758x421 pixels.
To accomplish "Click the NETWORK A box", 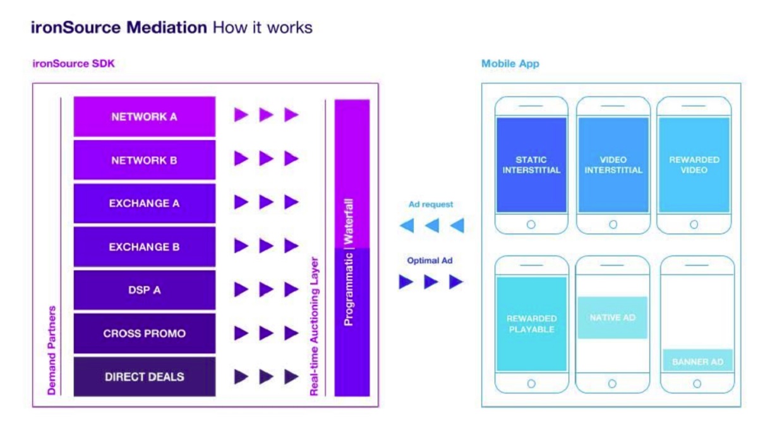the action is (x=145, y=117).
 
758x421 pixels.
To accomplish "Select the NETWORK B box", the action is (x=145, y=160).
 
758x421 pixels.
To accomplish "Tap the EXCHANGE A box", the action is (x=145, y=203).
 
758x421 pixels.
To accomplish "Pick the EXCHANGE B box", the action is (x=145, y=247).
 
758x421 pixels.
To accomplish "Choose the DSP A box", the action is (x=145, y=290).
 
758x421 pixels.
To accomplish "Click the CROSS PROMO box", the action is (x=145, y=333).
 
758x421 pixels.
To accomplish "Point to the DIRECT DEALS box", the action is (x=145, y=377).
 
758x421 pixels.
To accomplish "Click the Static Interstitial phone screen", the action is (x=531, y=165).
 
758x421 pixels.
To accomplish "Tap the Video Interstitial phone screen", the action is (x=613, y=165).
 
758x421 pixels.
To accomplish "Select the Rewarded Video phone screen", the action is (x=694, y=165).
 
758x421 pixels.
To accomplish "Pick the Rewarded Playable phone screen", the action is (x=531, y=324).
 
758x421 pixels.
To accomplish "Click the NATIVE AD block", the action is (x=613, y=317).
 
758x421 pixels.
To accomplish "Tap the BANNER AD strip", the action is (x=697, y=362).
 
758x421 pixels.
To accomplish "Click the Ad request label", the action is (x=430, y=205).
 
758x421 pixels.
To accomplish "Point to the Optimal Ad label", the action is (x=430, y=261).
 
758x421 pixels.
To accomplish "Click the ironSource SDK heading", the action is (x=73, y=64).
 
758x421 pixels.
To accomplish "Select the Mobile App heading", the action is (x=510, y=64).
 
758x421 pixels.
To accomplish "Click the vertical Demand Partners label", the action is (x=52, y=350).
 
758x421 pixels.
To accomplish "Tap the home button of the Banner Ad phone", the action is (x=697, y=384).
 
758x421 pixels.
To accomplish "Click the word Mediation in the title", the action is (x=167, y=27).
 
